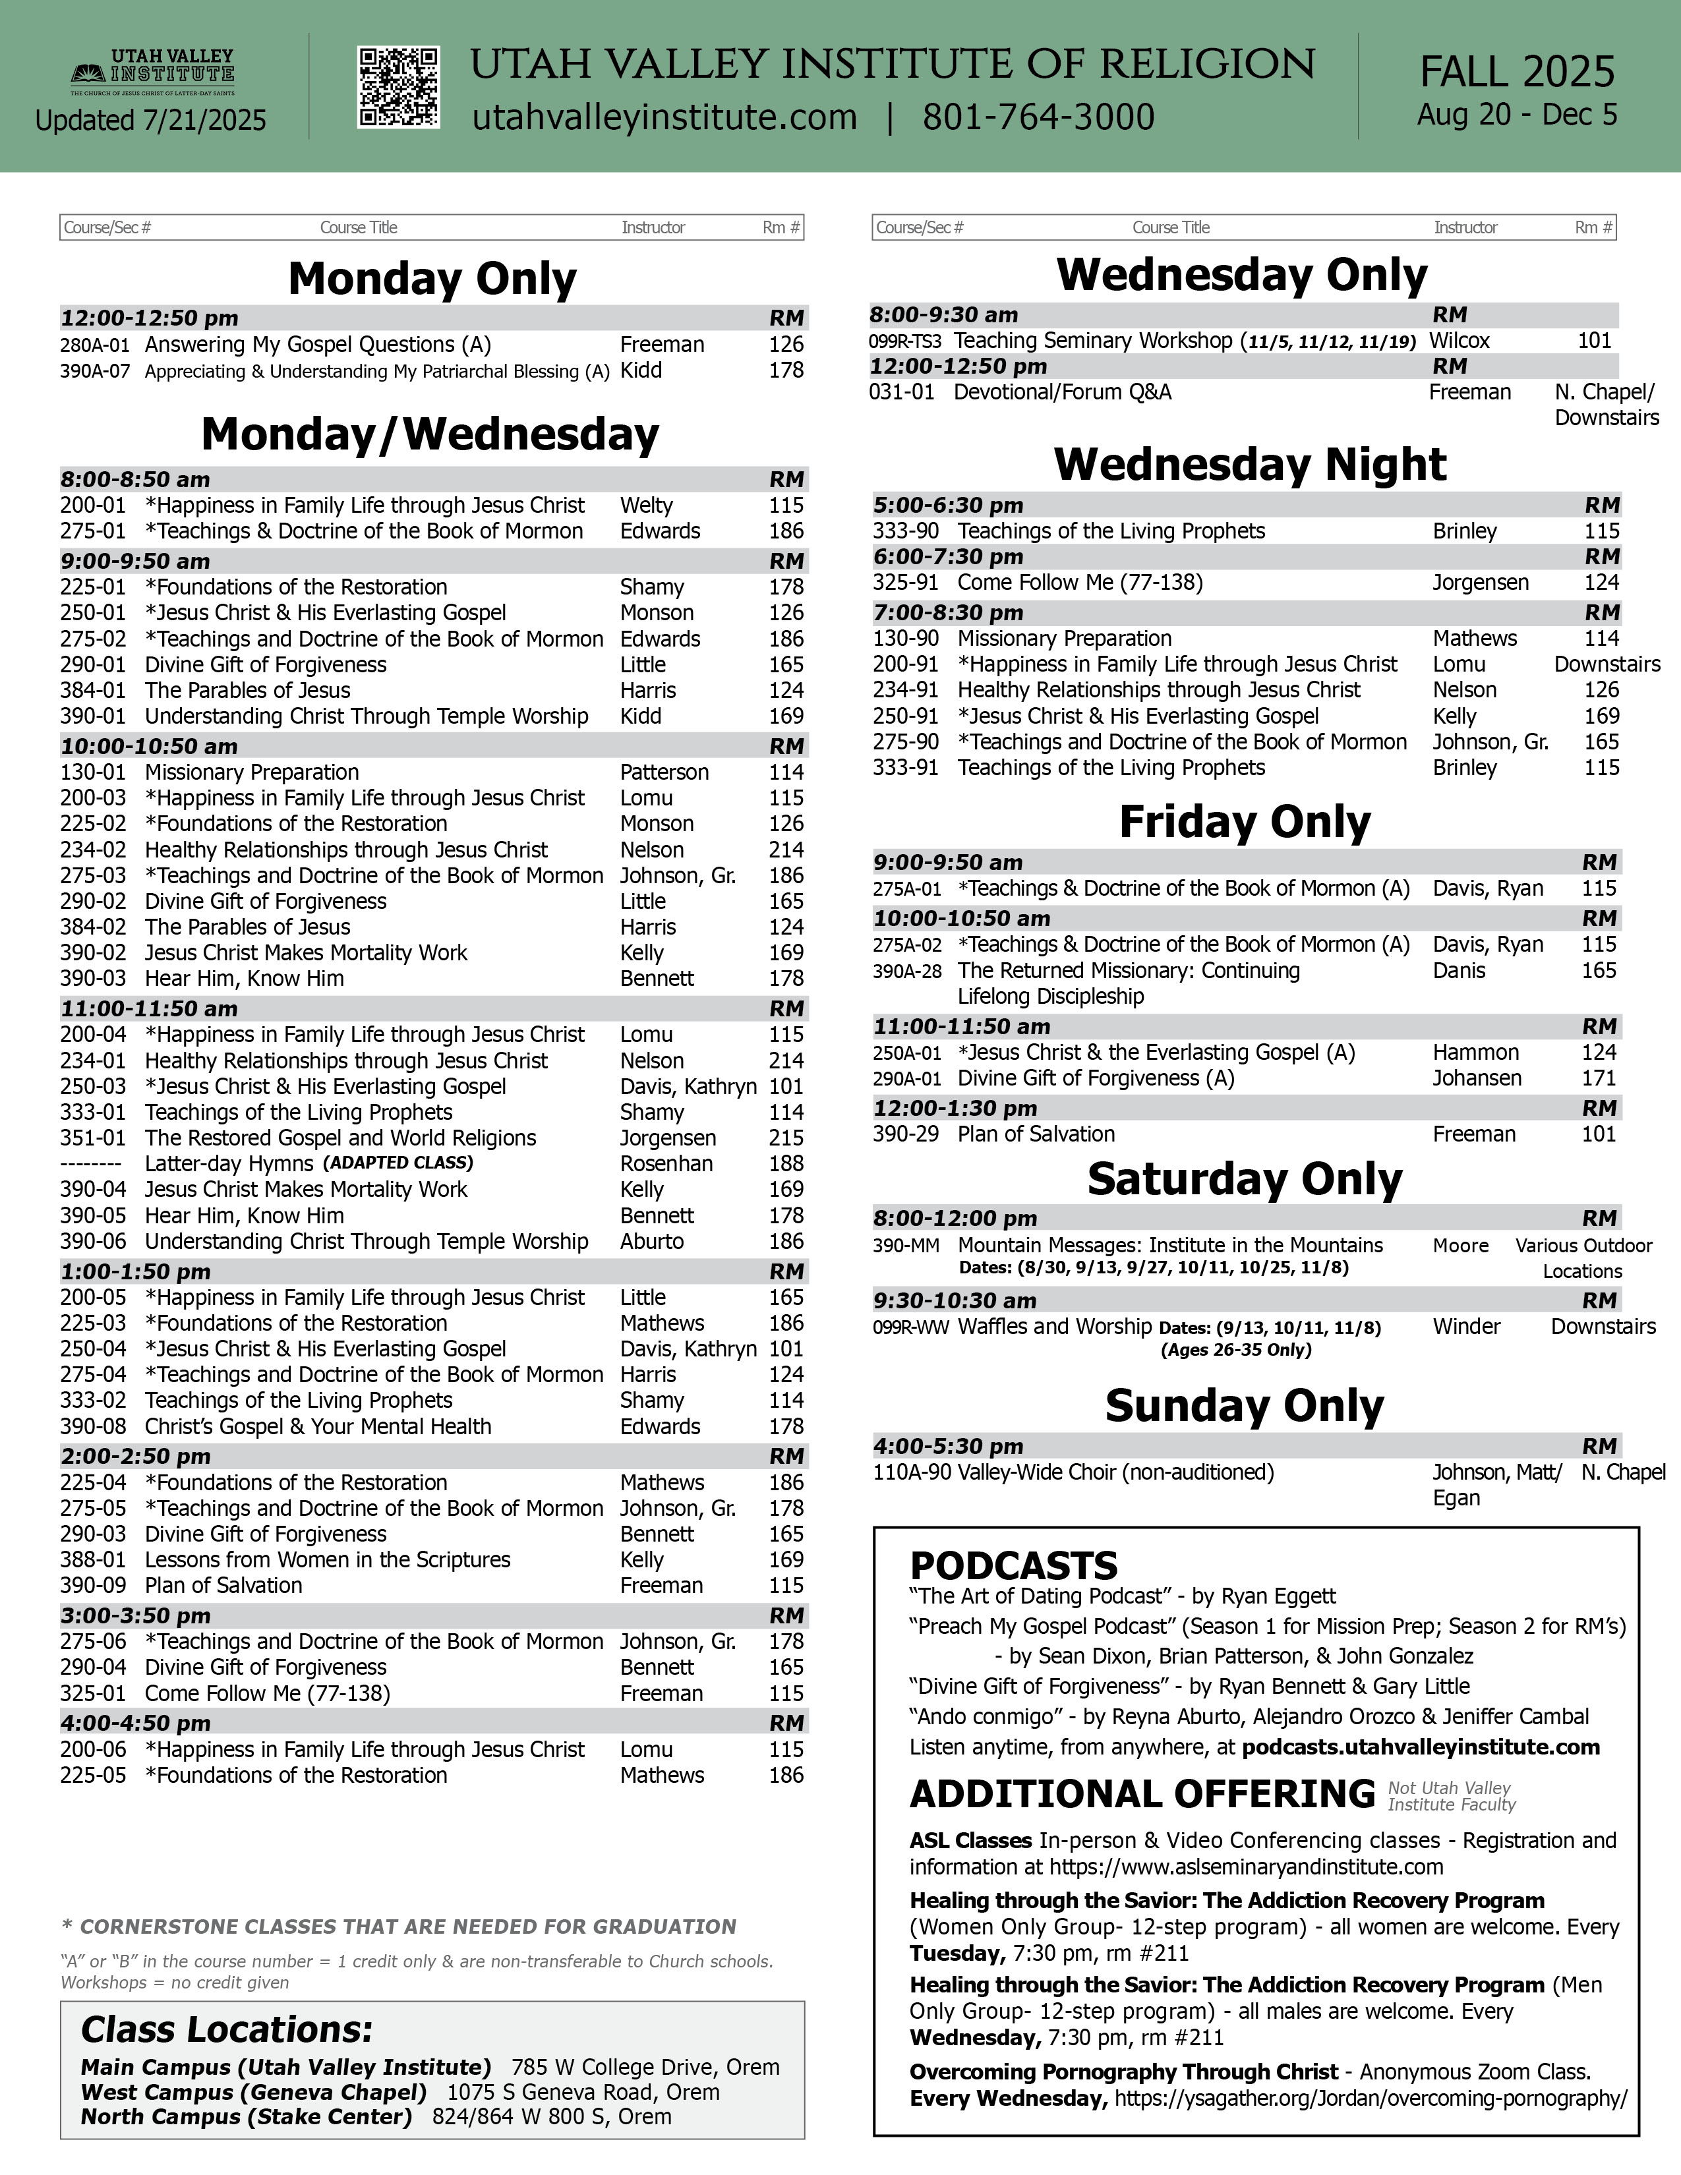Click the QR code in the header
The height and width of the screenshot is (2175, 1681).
[x=398, y=88]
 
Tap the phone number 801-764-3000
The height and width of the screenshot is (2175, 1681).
[x=1038, y=117]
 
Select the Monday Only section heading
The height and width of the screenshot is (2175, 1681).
[x=432, y=279]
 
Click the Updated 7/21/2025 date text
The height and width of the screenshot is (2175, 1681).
[x=150, y=121]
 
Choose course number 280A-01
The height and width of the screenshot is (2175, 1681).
[x=95, y=345]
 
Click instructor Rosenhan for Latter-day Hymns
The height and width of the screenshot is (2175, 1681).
[x=666, y=1163]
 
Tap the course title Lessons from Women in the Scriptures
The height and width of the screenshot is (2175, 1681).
[x=328, y=1559]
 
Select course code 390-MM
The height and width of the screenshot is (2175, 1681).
[x=905, y=1246]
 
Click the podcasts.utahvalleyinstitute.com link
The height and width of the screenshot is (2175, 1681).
[x=1421, y=1747]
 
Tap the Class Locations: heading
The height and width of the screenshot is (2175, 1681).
[x=227, y=2029]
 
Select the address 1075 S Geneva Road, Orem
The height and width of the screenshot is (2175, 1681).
[x=583, y=2093]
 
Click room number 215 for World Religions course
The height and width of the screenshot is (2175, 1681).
[x=786, y=1138]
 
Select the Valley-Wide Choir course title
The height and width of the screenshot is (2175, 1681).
[x=1115, y=1472]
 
